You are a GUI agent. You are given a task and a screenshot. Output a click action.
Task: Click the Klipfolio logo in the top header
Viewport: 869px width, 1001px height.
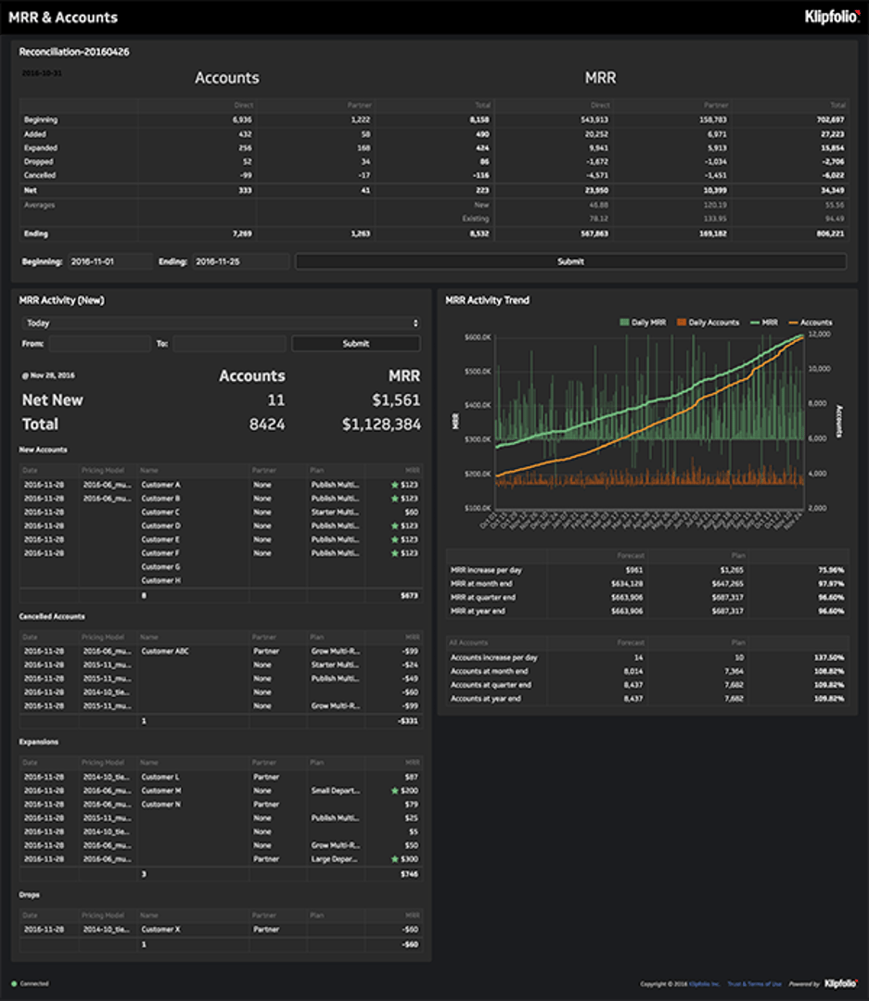[831, 16]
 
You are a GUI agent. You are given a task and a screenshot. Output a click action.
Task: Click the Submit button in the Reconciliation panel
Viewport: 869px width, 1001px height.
[570, 261]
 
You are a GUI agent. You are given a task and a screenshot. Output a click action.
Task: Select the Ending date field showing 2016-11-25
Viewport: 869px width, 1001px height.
[240, 261]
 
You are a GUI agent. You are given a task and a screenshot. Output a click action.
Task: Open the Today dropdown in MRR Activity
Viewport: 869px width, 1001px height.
[221, 323]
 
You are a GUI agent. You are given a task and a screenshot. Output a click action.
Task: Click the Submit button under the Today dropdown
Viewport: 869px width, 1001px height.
[355, 343]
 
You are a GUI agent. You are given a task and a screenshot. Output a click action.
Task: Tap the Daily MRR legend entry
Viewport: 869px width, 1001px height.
[643, 323]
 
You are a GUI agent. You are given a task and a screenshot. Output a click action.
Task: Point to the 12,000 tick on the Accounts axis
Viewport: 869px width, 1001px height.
[820, 334]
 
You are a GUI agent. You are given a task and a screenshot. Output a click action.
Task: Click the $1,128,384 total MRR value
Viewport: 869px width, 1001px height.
[380, 424]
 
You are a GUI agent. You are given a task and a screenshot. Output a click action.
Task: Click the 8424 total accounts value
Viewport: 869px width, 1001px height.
[267, 424]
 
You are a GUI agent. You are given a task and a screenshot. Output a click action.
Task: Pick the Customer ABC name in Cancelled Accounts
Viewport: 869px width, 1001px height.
[164, 651]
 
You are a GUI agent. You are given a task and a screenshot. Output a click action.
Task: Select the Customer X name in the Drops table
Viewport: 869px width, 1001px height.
[160, 929]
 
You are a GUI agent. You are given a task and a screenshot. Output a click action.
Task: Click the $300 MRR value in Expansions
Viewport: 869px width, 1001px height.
[409, 859]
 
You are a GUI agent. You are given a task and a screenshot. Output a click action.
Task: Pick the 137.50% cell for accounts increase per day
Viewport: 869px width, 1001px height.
[829, 657]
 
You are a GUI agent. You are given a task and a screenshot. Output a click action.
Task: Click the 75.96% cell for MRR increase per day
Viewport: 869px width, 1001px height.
[830, 570]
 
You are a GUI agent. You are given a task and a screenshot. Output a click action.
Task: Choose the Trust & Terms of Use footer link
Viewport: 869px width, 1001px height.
[754, 983]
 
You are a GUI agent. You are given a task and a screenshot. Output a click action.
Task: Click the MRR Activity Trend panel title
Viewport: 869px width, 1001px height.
[487, 300]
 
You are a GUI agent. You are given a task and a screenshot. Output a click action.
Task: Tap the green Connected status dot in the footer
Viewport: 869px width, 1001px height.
[14, 983]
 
